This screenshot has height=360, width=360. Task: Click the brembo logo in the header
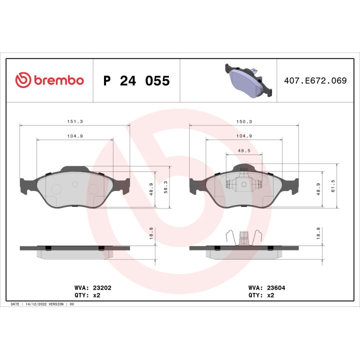tap(49, 80)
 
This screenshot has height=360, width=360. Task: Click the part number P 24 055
tap(136, 81)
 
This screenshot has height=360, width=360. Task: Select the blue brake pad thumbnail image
tap(248, 81)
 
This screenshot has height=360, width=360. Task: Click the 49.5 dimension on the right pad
tap(244, 150)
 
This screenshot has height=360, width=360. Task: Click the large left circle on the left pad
tap(56, 189)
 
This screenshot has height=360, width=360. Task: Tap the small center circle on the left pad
tap(75, 184)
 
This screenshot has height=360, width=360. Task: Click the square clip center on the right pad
tap(244, 184)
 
